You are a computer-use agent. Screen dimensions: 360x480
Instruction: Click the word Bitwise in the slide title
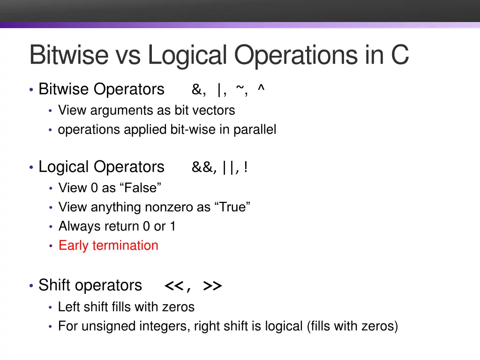68,55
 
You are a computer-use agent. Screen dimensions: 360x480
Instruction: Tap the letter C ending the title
399,55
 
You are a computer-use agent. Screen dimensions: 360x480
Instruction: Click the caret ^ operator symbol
261,89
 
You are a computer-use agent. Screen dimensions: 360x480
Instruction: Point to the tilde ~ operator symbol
240,89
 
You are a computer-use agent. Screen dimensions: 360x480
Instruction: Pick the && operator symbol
203,167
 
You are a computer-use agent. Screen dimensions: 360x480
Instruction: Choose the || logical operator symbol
230,167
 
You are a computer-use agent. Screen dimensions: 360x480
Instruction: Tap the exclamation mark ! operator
246,167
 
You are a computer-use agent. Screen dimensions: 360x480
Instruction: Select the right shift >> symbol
212,286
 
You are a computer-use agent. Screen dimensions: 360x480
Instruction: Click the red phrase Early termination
108,246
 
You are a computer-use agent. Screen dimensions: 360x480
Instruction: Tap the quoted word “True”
232,207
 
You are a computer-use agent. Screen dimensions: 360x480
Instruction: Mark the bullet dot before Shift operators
31,285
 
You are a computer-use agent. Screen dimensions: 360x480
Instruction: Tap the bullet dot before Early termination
51,246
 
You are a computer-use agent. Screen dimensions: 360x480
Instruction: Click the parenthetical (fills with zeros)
352,326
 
